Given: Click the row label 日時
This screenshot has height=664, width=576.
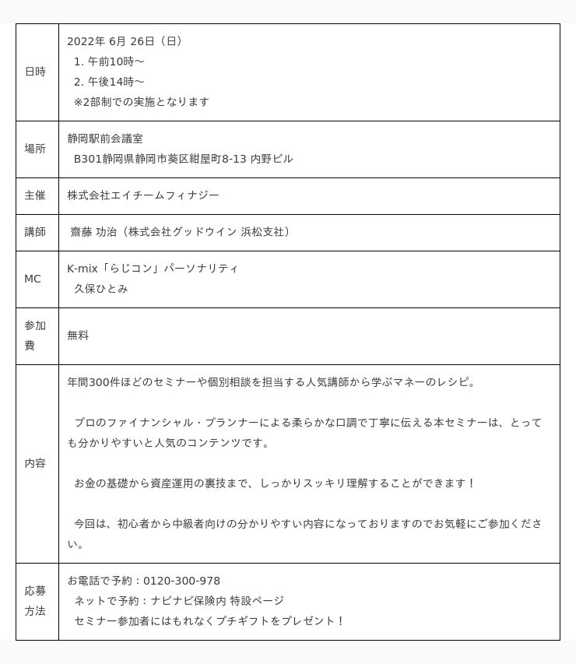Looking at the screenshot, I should (35, 72).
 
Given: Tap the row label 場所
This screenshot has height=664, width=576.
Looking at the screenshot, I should (35, 149).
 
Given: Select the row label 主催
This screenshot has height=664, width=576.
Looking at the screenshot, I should (35, 195).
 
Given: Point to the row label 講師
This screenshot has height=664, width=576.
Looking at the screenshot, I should (35, 232).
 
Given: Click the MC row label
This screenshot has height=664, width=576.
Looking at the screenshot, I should (33, 279).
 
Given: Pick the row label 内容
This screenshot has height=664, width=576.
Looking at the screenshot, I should (35, 463).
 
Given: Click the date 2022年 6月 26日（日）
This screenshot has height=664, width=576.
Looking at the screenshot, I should (125, 41).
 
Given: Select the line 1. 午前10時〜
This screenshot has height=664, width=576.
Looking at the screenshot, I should (109, 61).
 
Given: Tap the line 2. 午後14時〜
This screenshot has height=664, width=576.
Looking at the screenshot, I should (109, 82).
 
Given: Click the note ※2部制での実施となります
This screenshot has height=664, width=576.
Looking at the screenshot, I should (142, 102).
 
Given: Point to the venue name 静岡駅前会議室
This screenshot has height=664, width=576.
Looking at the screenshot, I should (105, 139).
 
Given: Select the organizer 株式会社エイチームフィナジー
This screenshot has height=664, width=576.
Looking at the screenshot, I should (143, 195).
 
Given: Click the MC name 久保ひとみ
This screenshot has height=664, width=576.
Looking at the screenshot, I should (101, 289).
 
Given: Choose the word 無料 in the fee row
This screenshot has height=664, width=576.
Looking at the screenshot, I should (78, 336).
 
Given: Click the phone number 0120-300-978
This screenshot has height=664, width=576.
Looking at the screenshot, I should (181, 581).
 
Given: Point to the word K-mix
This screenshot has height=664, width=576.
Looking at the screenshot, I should (82, 269).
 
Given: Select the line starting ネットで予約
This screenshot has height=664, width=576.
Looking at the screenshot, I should (179, 601).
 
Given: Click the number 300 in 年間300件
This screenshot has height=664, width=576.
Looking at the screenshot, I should (101, 382).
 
